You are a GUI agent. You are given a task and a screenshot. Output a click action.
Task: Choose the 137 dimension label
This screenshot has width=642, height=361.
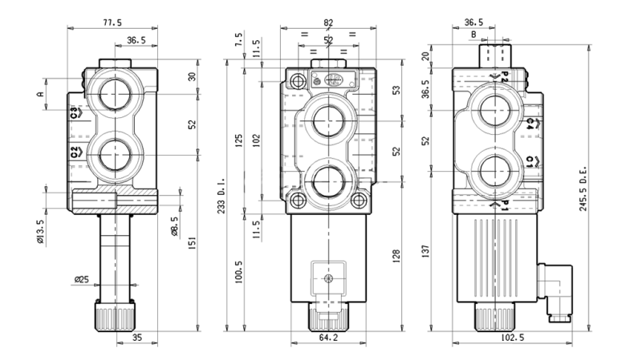(x=427, y=254)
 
